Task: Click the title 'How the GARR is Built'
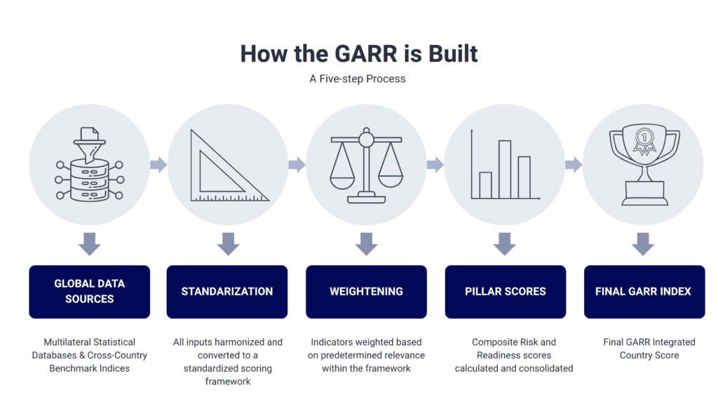coord(358,53)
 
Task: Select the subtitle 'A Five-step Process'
coord(358,79)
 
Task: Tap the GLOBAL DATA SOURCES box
coord(89,291)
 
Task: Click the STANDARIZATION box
coord(227,291)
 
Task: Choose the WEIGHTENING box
coord(366,291)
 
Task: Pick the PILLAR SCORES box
coord(505,291)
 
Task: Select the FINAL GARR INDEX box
coord(644,291)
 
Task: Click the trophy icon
coord(644,165)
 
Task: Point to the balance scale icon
coord(366,165)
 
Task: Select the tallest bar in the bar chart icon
coord(505,170)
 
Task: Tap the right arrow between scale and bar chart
coord(435,165)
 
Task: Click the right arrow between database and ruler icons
coord(158,165)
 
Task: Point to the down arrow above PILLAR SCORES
coord(505,244)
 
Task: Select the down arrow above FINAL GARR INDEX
coord(644,244)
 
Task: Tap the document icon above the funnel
coord(89,133)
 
